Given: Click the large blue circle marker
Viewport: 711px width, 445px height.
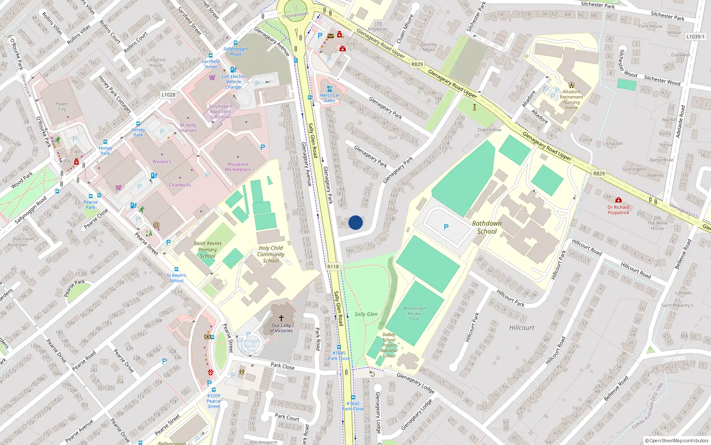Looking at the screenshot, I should click(x=355, y=222).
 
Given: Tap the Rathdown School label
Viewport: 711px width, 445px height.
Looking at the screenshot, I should click(x=487, y=227).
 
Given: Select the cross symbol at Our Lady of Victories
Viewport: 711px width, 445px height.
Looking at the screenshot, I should click(x=281, y=318).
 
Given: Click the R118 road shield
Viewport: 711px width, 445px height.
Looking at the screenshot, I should click(x=333, y=267).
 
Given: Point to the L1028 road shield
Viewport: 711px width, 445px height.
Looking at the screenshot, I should click(x=168, y=94).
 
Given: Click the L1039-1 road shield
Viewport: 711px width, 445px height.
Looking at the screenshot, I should click(x=695, y=36).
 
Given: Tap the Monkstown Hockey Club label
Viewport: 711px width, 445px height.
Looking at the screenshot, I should click(x=414, y=313).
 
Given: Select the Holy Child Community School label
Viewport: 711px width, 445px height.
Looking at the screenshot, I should click(x=271, y=254).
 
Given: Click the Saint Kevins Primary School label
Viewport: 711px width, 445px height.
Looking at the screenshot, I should click(x=208, y=250).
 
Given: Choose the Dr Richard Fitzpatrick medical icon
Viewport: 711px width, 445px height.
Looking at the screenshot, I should click(x=618, y=200).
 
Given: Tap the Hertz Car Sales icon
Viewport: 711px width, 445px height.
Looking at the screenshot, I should click(x=329, y=89).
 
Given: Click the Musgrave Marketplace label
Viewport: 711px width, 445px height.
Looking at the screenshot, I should click(x=238, y=166).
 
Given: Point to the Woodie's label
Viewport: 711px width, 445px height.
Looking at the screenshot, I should click(x=162, y=162).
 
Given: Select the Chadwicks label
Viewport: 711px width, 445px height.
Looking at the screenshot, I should click(x=180, y=185).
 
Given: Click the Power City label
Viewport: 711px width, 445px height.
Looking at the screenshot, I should click(x=62, y=106).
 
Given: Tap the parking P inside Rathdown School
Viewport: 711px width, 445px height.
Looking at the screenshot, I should click(x=446, y=227).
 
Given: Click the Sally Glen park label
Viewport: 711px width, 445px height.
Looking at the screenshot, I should click(x=366, y=314).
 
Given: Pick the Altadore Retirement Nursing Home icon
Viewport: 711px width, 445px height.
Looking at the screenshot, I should click(x=571, y=85).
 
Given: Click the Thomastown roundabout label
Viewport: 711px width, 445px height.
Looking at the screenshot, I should click(x=295, y=15).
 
